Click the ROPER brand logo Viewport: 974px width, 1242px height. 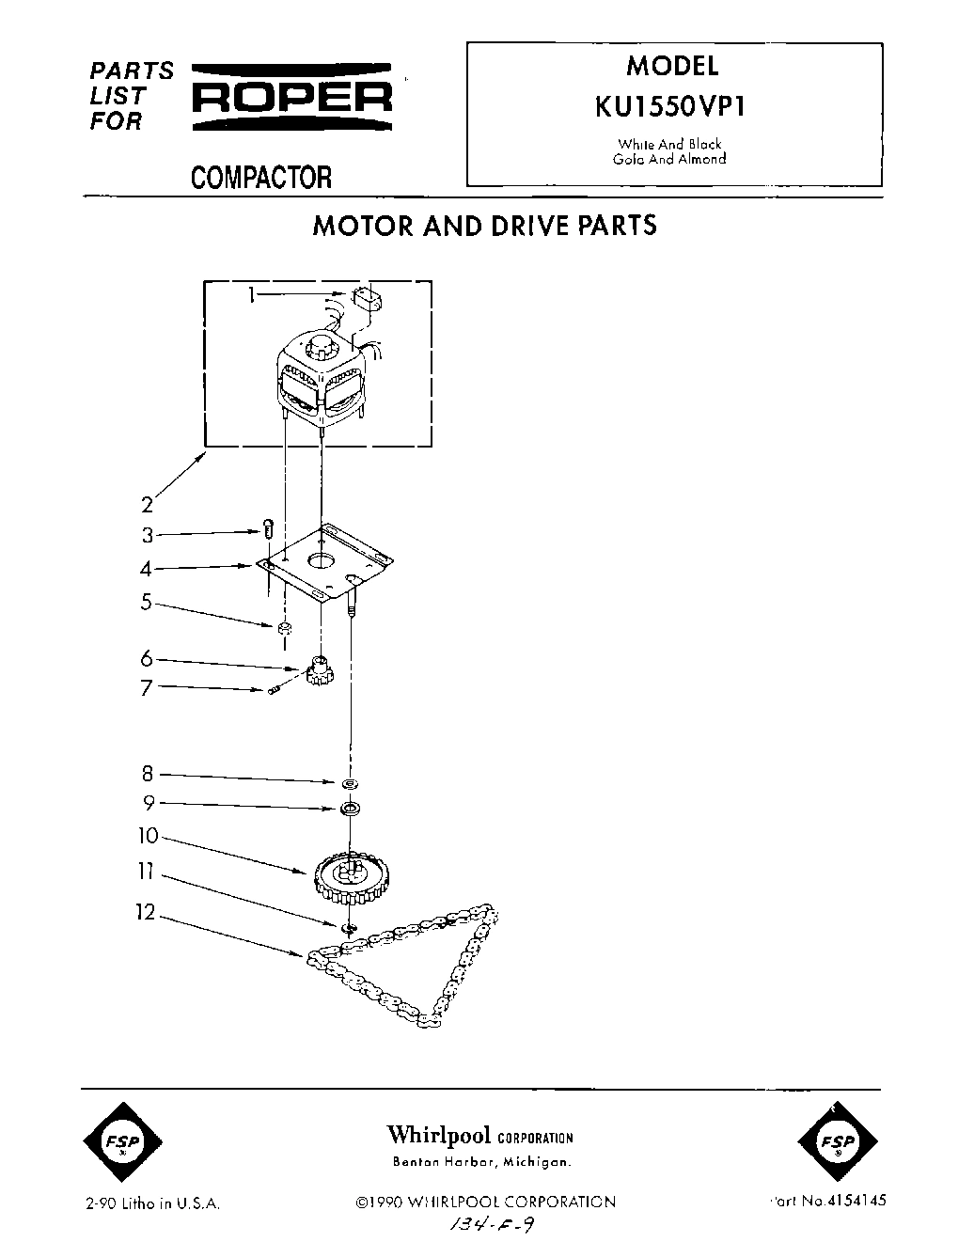(x=291, y=96)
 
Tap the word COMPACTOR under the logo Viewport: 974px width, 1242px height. (x=261, y=177)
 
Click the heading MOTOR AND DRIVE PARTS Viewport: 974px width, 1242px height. (x=484, y=226)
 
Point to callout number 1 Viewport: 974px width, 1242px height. (x=252, y=295)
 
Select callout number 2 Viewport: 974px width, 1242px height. (x=147, y=505)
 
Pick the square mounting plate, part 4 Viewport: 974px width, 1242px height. (x=325, y=563)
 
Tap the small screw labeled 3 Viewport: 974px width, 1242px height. (x=268, y=530)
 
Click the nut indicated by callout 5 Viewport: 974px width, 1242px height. (x=284, y=627)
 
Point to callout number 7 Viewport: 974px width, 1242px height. (x=147, y=688)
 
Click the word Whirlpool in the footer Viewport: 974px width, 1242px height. (x=439, y=1135)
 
